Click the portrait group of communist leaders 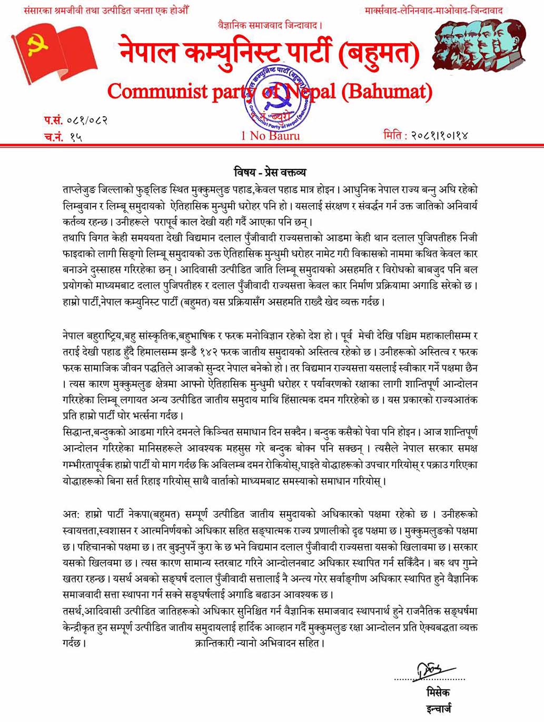point(479,44)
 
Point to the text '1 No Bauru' point(270,135)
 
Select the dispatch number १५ point(76,137)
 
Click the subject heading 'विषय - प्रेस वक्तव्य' point(270,172)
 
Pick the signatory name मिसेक point(438,692)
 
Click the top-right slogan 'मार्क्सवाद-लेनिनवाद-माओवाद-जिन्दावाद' point(433,10)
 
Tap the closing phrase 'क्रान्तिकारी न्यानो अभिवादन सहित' point(260,643)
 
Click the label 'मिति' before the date point(394,135)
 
